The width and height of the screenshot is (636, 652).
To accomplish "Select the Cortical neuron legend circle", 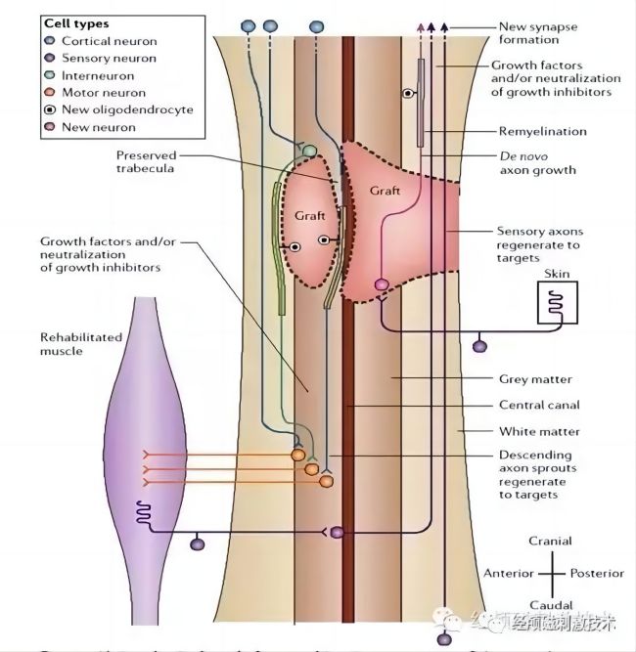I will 50,41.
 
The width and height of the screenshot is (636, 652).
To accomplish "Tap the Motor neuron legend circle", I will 50,93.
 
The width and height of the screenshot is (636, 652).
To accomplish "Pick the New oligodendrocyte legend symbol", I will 50,109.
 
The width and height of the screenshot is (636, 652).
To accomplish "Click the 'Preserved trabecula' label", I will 146,161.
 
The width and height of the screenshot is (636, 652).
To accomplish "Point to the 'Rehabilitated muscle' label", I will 80,344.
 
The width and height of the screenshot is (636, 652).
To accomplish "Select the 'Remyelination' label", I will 542,130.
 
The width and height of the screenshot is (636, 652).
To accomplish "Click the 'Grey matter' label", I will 534,379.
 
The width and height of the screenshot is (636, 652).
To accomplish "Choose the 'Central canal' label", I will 539,405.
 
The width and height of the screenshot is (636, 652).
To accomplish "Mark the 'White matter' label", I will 539,431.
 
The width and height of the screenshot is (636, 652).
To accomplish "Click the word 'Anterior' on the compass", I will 508,573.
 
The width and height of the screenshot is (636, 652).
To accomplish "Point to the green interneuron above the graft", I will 309,152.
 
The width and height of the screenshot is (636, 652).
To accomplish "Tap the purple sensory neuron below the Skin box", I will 479,346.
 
